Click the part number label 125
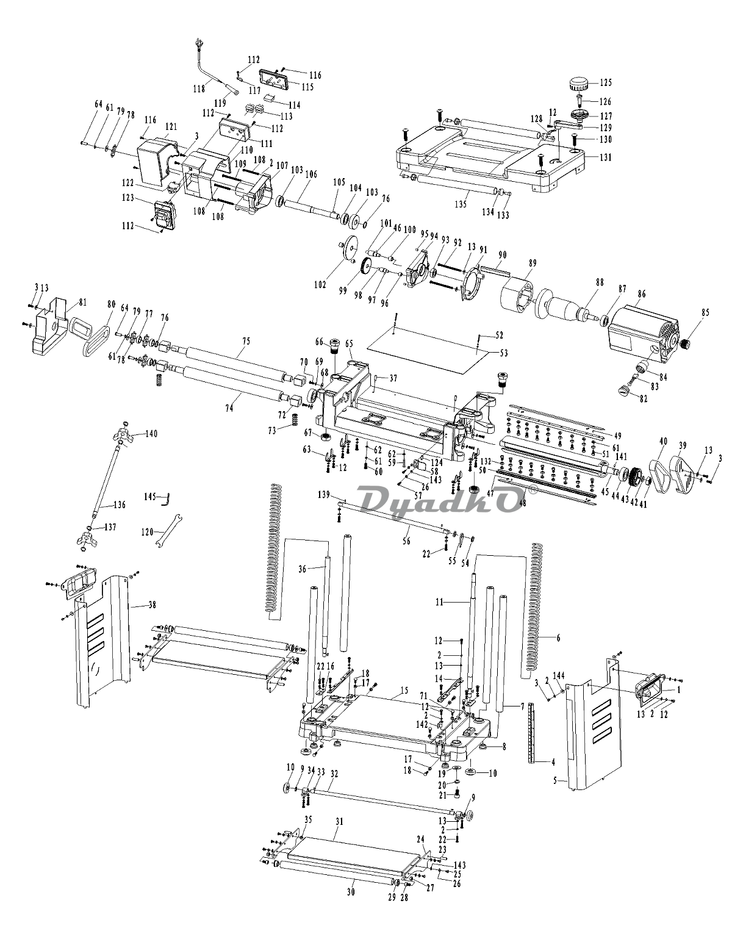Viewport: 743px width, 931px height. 605,82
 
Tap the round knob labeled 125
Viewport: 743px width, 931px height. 578,84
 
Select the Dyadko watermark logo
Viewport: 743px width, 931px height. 441,500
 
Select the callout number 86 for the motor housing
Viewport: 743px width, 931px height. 641,294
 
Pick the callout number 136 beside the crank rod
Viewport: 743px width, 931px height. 120,505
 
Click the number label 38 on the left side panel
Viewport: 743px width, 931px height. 152,605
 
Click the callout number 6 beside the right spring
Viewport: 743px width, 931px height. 558,638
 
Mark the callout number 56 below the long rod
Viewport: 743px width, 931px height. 406,541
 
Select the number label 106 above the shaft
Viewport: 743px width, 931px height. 311,174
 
